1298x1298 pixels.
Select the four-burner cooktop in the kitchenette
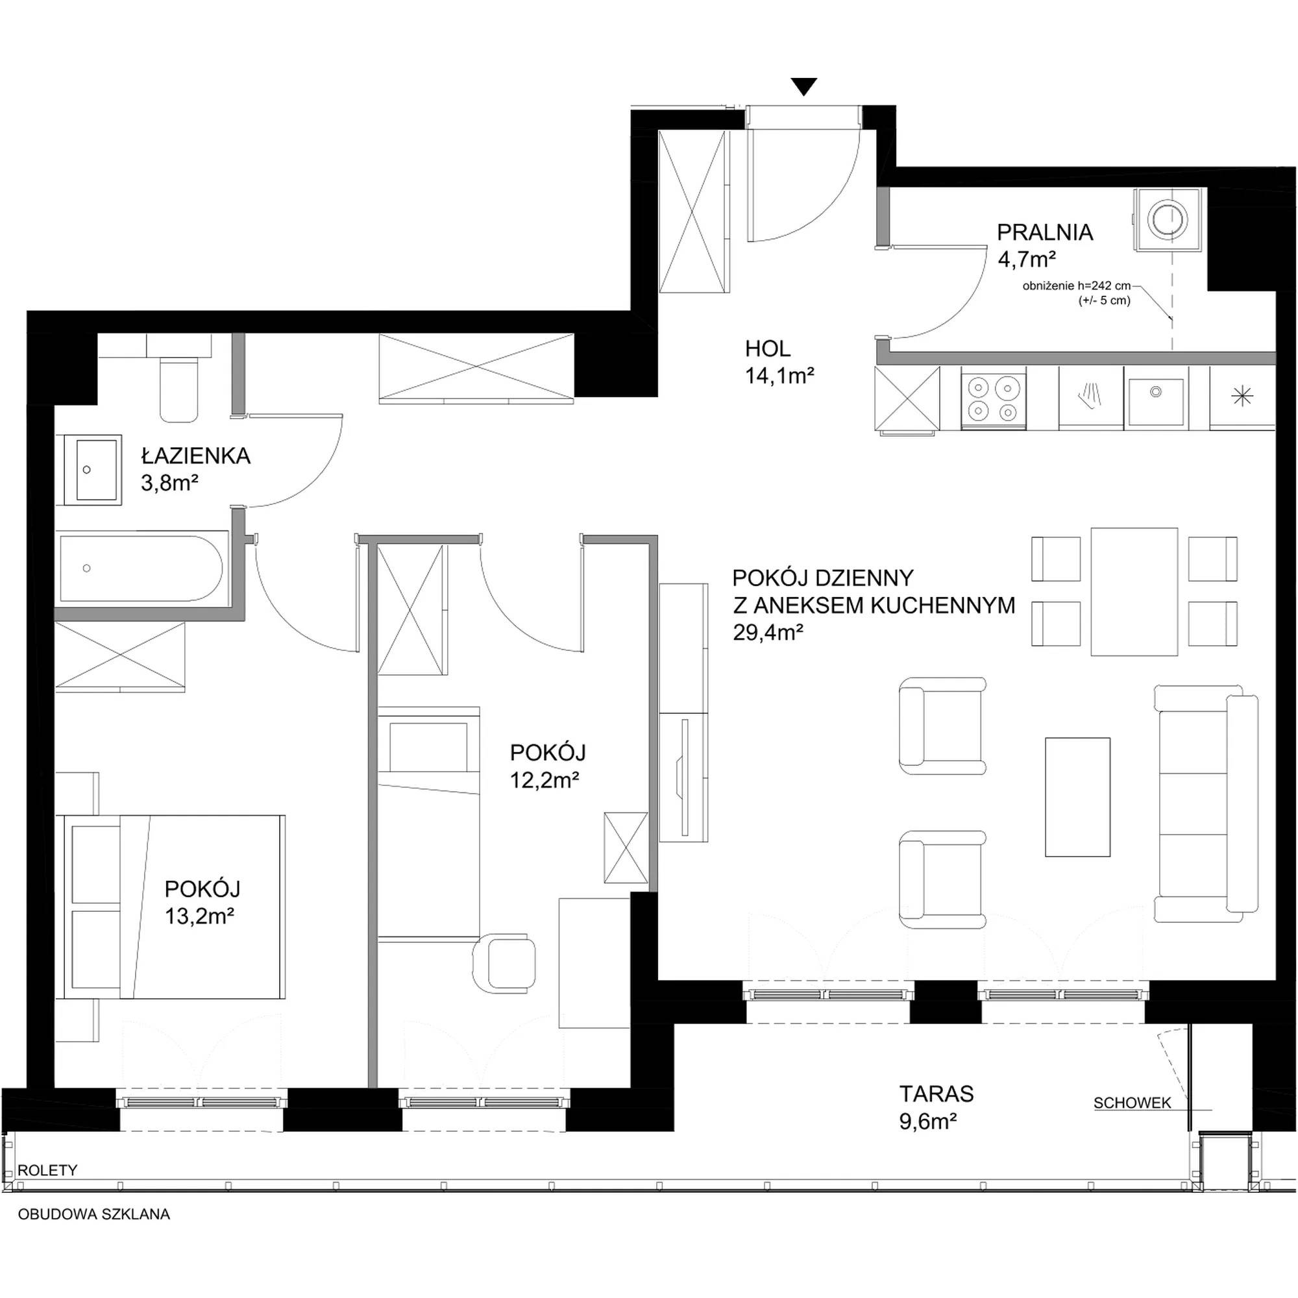point(994,397)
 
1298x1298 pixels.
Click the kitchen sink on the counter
point(1156,402)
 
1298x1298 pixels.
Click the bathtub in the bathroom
point(141,568)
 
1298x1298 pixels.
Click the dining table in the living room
point(1134,591)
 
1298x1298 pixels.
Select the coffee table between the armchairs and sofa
point(1077,797)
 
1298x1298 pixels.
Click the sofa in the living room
point(1206,803)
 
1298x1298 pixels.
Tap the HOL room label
point(767,349)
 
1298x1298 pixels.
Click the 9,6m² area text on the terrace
point(928,1121)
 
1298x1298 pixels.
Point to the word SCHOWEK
point(1132,1103)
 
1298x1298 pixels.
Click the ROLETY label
point(47,1170)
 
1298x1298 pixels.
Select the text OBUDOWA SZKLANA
point(94,1215)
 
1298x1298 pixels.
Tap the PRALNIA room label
point(1045,232)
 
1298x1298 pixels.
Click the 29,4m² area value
point(768,633)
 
